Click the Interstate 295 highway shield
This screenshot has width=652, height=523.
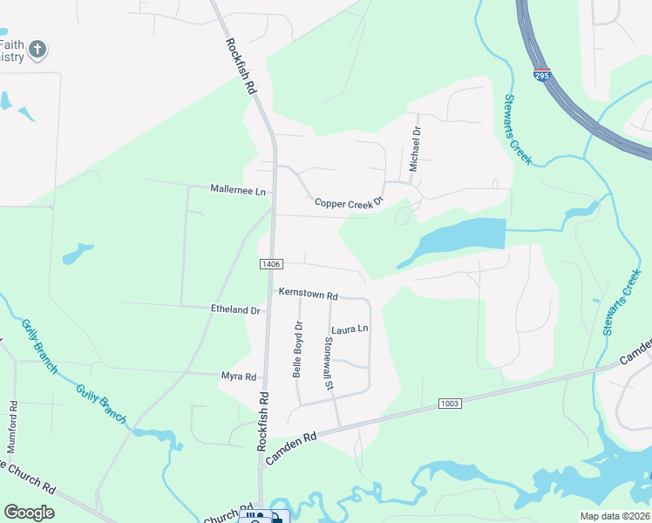(542, 76)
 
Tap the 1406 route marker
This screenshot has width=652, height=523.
(271, 263)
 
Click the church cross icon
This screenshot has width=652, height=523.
(37, 50)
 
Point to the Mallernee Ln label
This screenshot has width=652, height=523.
(238, 189)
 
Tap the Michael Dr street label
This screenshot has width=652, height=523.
(416, 148)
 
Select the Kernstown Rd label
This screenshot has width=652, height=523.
(308, 295)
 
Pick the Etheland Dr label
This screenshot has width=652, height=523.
(235, 309)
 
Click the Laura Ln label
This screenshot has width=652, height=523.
(350, 329)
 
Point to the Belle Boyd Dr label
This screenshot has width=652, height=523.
(297, 349)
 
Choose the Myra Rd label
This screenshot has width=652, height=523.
(238, 377)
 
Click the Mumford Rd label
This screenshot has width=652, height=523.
(13, 425)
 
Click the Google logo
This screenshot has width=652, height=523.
(30, 512)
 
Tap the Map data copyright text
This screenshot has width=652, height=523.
(614, 516)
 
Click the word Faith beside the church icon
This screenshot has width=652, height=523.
(11, 44)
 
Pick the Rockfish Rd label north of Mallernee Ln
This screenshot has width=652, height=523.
(241, 66)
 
